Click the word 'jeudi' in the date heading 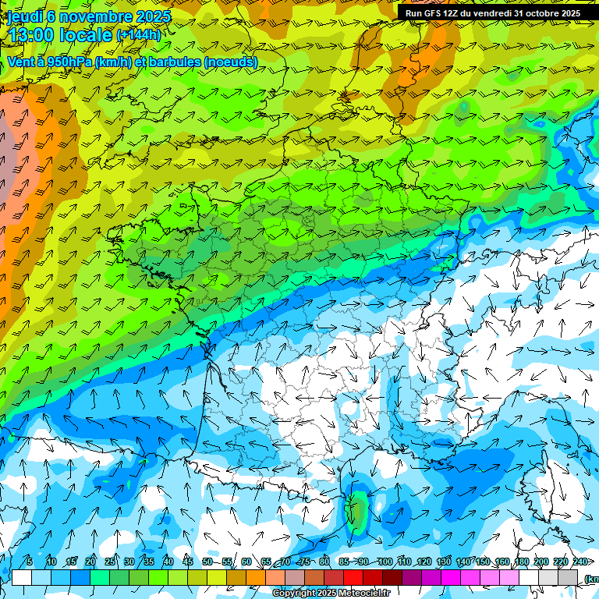click(x=24, y=16)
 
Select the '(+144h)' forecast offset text click(x=139, y=35)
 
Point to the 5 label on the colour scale click(x=30, y=562)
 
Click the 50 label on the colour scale click(x=207, y=562)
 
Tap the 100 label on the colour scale click(x=385, y=562)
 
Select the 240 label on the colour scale click(x=580, y=562)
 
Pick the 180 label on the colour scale click(x=522, y=562)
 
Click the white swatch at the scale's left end click(x=22, y=577)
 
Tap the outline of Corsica click(x=555, y=491)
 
